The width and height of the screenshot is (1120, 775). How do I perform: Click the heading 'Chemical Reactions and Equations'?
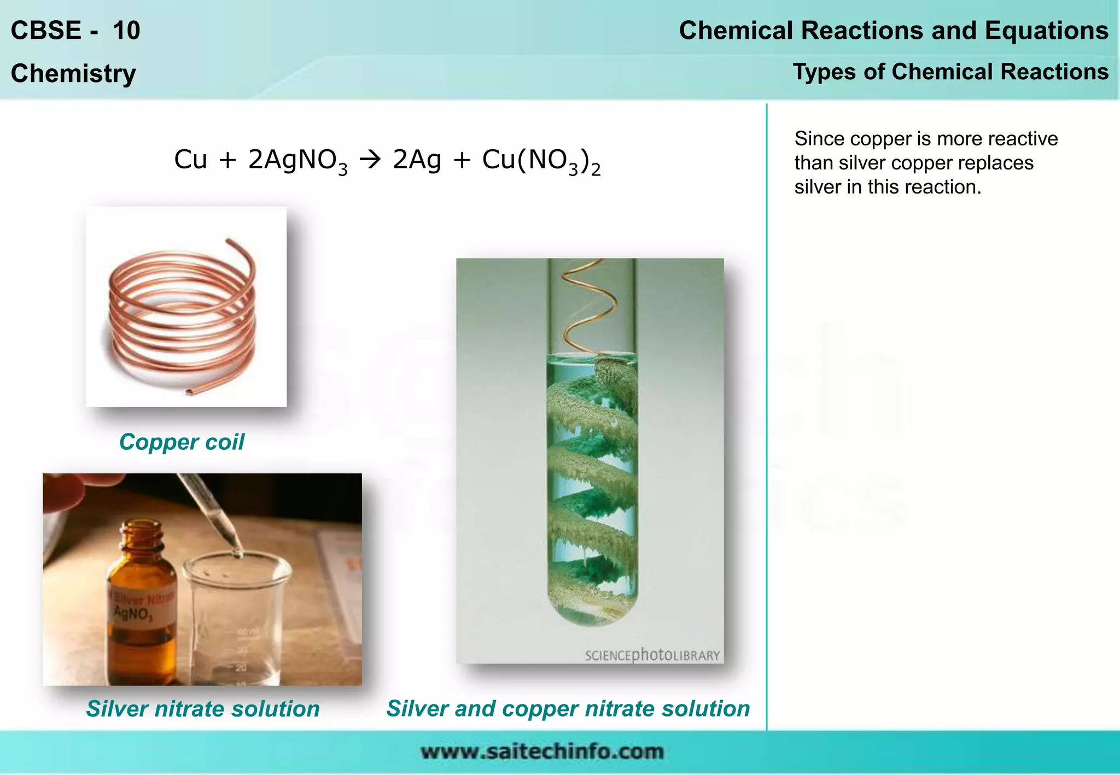tap(893, 31)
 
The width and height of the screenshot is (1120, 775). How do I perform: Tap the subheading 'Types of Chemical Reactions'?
tap(950, 72)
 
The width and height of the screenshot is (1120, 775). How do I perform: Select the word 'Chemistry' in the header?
tap(73, 74)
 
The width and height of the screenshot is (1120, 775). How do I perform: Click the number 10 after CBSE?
tap(126, 31)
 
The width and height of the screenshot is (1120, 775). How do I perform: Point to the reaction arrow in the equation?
tap(370, 160)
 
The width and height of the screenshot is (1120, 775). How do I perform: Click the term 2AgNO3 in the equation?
tap(297, 161)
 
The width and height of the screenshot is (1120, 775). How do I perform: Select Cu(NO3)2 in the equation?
tap(541, 161)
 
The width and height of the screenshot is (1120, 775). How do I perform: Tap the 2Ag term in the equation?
tap(417, 160)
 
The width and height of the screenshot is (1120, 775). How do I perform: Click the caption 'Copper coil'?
tap(182, 442)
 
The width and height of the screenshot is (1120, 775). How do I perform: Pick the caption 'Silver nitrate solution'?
tap(203, 709)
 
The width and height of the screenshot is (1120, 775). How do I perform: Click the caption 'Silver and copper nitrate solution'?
tap(568, 708)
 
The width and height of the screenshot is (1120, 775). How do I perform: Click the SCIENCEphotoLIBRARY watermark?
tap(652, 655)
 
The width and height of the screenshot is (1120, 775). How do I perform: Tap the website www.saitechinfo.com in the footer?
tap(542, 751)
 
